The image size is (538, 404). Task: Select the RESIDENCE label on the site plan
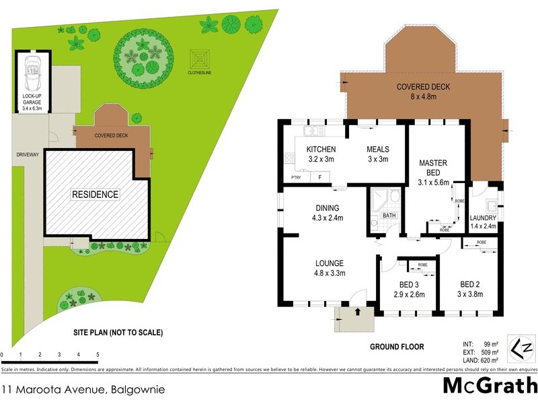[x=95, y=195]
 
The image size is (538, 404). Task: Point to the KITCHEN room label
[x=321, y=149]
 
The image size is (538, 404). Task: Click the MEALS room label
[x=378, y=149]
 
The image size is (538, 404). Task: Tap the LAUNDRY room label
[x=483, y=218]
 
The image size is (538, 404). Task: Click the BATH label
[x=389, y=215]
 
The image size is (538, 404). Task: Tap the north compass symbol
[x=523, y=349]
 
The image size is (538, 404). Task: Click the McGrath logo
[x=489, y=386]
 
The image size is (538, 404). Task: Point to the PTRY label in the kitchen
[x=296, y=177]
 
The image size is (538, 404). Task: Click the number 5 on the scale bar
[x=98, y=354]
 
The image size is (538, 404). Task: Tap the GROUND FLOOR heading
[x=397, y=347]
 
